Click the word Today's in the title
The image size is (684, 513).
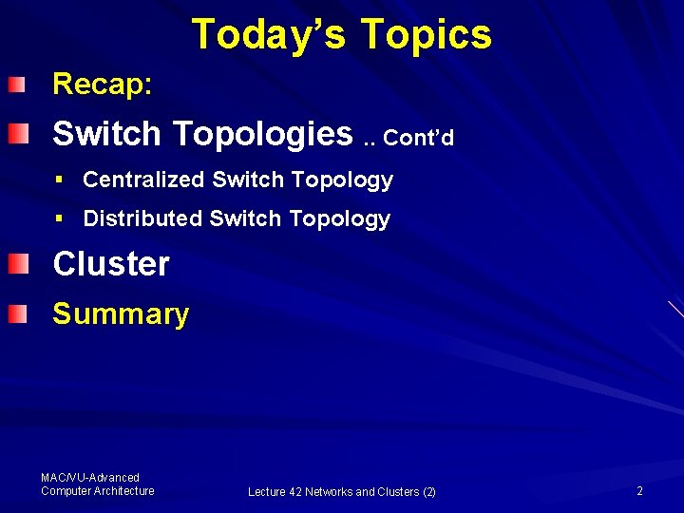pos(268,34)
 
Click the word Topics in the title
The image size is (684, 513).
pos(426,34)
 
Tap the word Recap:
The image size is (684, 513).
pos(102,85)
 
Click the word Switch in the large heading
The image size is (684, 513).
pos(106,134)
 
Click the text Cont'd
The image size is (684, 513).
pos(419,139)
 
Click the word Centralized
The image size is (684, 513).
pos(143,180)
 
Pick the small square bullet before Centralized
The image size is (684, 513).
pos(59,180)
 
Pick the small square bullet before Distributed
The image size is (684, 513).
pos(59,218)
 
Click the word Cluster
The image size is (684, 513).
pos(111,264)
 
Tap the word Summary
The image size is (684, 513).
pos(121,314)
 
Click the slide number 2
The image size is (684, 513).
pos(639,491)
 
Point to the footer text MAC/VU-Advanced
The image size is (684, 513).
pos(90,478)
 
